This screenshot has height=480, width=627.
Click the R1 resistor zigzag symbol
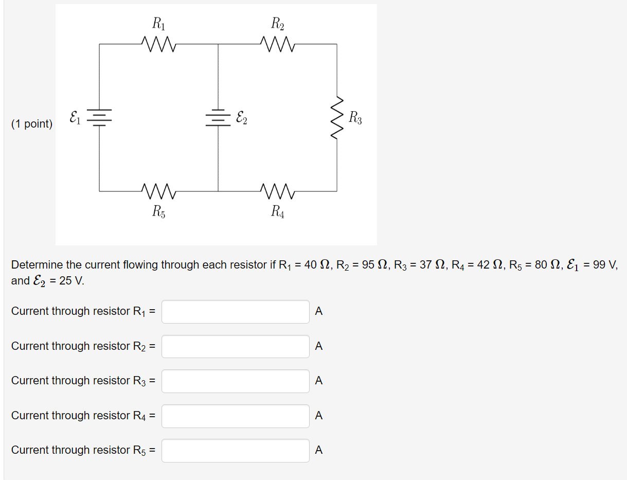[x=159, y=44]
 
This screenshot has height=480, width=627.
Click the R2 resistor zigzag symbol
[x=278, y=44]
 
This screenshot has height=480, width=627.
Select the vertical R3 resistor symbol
[x=337, y=117]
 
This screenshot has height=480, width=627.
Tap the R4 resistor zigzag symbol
[x=278, y=191]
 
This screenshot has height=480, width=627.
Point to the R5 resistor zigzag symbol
[x=159, y=191]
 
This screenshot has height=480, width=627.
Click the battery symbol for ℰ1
[x=99, y=118]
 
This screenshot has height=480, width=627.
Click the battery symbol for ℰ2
[x=218, y=118]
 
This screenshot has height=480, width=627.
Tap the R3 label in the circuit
[x=355, y=118]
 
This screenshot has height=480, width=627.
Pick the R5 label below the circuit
[x=158, y=211]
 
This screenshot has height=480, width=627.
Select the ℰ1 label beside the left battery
[x=75, y=117]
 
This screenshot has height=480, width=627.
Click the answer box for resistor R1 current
[x=236, y=312]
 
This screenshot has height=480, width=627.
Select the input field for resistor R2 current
[x=236, y=346]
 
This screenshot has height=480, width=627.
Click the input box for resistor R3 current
[x=236, y=381]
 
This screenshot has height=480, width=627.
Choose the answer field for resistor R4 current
[x=236, y=416]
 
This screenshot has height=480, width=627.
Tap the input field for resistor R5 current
[x=236, y=451]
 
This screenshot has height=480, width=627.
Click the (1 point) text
[x=32, y=124]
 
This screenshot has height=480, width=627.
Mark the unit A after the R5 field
[x=319, y=450]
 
